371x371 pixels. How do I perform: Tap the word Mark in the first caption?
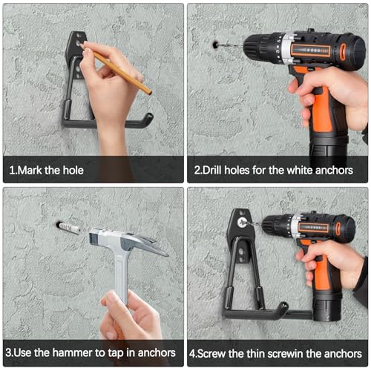30,171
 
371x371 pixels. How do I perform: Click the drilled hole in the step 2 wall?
215,45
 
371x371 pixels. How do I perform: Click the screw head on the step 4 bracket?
243,223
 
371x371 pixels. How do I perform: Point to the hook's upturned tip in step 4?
284,307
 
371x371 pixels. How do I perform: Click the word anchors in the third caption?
157,353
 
